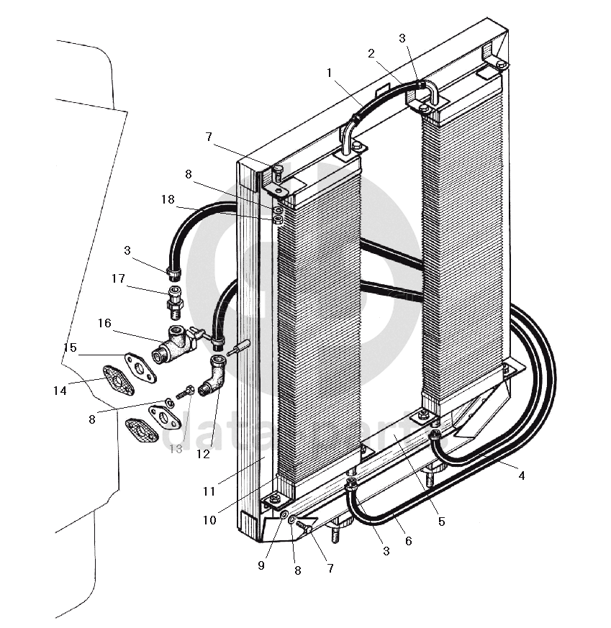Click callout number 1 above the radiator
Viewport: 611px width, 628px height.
(329, 73)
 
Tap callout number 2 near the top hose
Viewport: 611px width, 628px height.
(371, 53)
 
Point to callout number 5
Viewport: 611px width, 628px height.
(442, 521)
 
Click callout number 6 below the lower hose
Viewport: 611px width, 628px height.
(409, 541)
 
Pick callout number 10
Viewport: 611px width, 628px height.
(209, 519)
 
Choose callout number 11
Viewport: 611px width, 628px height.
(209, 492)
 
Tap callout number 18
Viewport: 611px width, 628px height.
(168, 200)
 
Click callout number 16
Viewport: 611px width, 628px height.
(104, 324)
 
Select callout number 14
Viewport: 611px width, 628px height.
(59, 391)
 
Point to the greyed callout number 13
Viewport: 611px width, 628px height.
(176, 449)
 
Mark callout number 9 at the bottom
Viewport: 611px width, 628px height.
(261, 565)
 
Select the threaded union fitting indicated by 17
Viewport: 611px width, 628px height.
(175, 301)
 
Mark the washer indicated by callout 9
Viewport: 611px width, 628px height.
(284, 516)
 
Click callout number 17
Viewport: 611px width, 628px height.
(119, 278)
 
